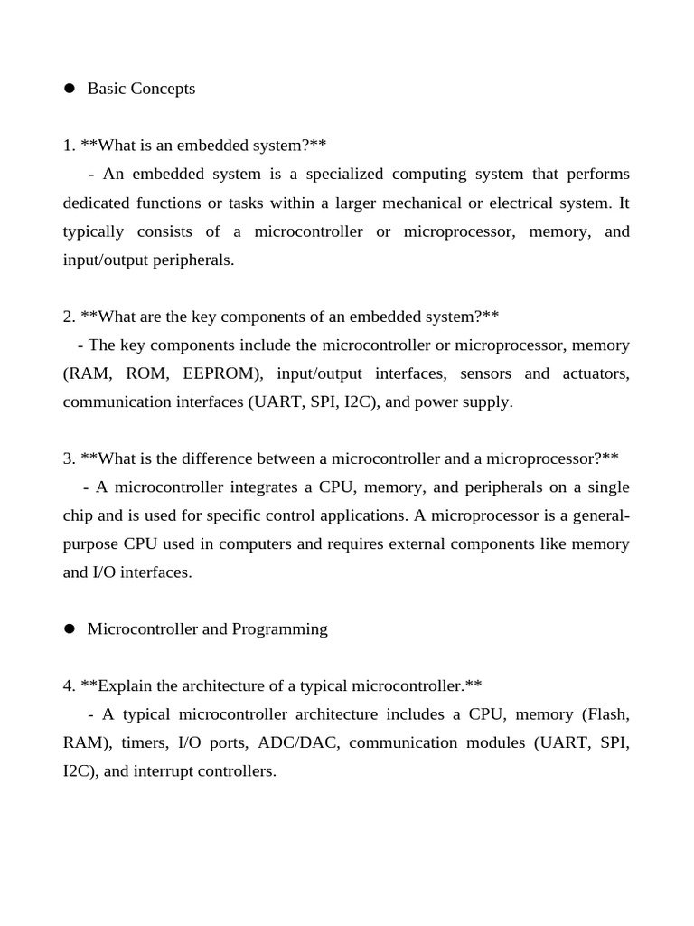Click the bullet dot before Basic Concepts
69,89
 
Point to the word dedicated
96,203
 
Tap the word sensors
485,373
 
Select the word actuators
597,373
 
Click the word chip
79,515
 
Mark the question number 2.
69,317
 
